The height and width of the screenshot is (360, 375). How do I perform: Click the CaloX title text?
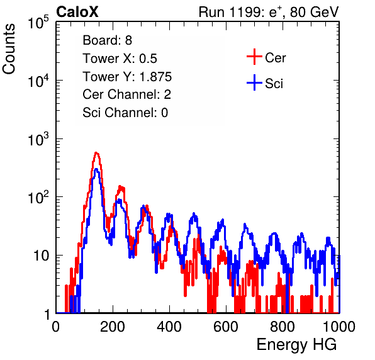(77, 12)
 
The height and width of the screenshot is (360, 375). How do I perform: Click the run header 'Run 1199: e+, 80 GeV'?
(269, 12)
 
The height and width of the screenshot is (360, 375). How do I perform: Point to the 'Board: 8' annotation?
(107, 40)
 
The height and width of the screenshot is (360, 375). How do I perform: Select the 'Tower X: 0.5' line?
(120, 59)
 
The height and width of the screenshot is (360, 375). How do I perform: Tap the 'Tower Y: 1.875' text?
(127, 77)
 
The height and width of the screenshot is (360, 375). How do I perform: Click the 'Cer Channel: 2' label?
(126, 94)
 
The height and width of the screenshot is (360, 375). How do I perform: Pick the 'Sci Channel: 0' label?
(125, 113)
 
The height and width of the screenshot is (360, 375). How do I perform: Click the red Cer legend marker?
(254, 57)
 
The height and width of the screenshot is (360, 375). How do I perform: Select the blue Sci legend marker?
(254, 82)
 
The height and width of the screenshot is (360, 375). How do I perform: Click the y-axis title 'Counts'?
(9, 48)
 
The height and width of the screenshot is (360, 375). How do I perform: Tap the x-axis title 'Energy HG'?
(296, 345)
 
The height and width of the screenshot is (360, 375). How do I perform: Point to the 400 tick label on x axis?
(169, 327)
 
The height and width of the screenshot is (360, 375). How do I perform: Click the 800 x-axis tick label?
(283, 327)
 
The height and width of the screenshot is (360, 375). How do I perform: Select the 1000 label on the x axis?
(339, 327)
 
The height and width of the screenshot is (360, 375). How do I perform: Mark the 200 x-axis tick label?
(113, 327)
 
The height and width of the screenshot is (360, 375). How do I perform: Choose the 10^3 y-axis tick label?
(38, 139)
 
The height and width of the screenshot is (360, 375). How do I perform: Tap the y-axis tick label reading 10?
(42, 256)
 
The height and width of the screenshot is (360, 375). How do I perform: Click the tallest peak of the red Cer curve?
(96, 153)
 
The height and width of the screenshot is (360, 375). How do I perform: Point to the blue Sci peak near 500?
(194, 213)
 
